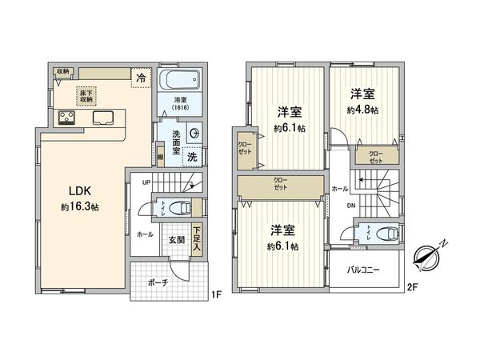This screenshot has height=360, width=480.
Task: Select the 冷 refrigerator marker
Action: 141,78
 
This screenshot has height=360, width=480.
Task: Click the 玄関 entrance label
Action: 178,238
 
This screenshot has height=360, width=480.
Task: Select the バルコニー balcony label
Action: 362,269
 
